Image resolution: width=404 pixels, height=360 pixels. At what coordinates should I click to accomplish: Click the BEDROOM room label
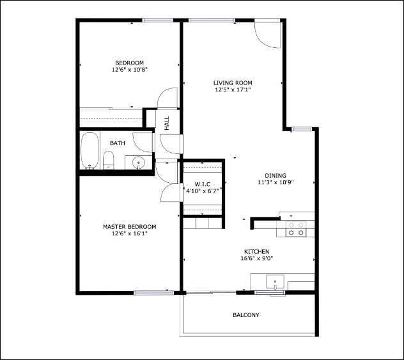click(129, 63)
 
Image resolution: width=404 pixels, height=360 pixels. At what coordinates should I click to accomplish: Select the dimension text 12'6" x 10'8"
click(129, 70)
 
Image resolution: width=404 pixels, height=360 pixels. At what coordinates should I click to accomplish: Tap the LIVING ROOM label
click(233, 83)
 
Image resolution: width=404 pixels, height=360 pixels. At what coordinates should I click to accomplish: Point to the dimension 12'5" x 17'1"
click(233, 90)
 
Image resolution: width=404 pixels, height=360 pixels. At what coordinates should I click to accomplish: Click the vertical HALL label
click(167, 123)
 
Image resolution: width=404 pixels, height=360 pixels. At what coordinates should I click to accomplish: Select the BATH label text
click(118, 143)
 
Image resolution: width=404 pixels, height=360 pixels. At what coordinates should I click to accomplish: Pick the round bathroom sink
click(139, 162)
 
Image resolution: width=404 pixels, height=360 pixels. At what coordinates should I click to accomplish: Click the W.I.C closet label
click(203, 184)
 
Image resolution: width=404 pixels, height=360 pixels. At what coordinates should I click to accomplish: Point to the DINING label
click(276, 176)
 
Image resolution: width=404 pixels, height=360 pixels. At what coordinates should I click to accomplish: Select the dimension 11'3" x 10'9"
click(276, 183)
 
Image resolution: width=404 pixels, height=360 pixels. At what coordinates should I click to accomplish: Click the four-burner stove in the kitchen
click(295, 229)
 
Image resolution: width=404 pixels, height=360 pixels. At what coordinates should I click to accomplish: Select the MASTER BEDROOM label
click(129, 227)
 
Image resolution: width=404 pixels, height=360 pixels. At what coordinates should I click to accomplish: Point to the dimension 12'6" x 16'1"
click(129, 234)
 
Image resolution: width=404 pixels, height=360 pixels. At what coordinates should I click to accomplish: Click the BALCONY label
click(246, 315)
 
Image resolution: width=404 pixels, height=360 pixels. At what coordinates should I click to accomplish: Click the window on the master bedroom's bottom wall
click(153, 293)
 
